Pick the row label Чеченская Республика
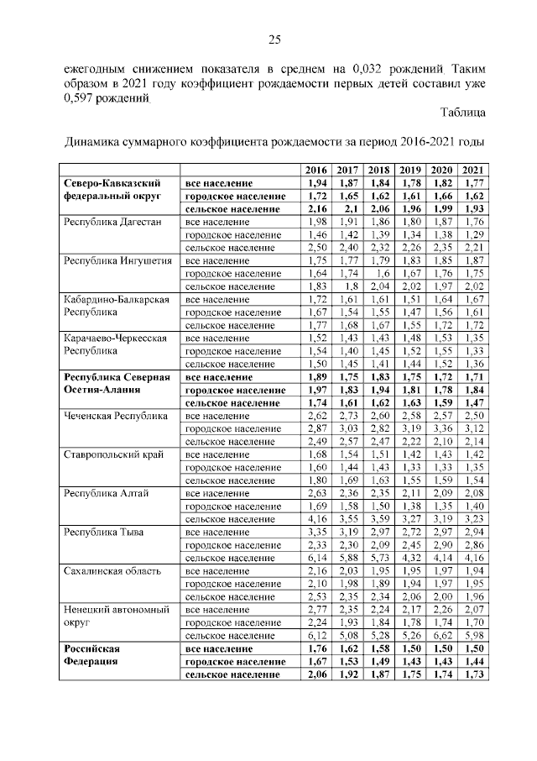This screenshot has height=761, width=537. (112, 416)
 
